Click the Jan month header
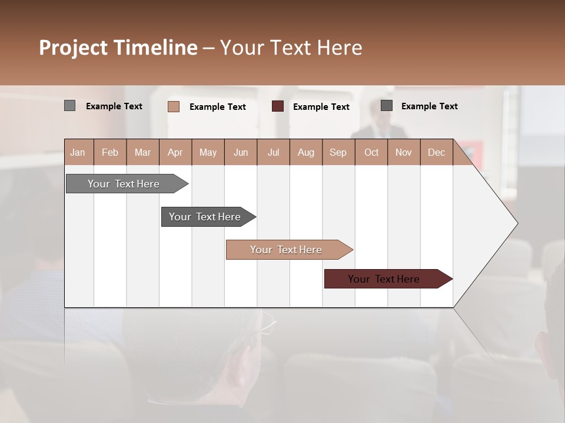point(78,152)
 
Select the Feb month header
point(110,152)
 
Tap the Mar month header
point(142,152)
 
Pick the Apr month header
point(175,152)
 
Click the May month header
point(208,152)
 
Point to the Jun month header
point(241,152)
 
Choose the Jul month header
point(273,152)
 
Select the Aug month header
point(306,152)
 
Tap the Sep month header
point(338,152)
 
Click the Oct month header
point(371,152)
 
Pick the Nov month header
point(404,152)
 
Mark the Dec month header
point(437,152)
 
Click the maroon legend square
point(278,106)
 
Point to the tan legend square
point(174,106)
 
